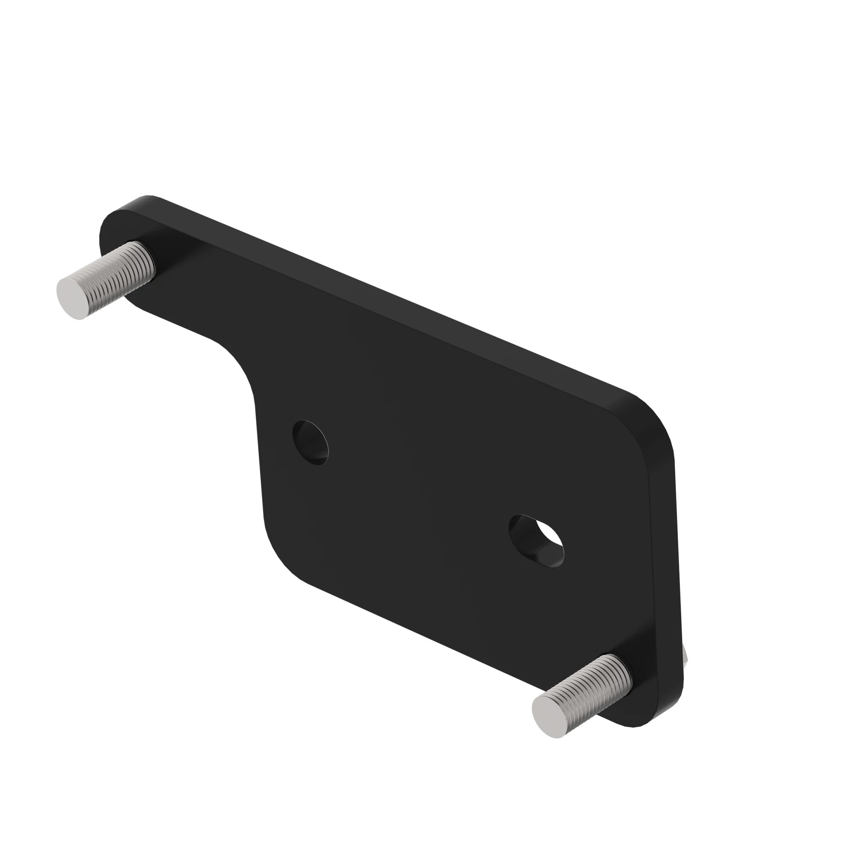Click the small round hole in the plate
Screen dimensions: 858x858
tap(311, 442)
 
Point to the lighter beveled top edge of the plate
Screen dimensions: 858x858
tap(400, 306)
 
